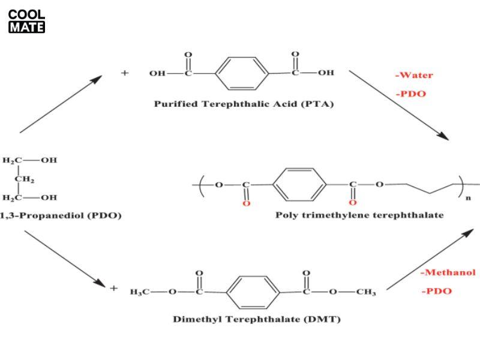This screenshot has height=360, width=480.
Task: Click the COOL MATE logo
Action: [x=26, y=21]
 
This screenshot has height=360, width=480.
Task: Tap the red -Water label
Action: [x=413, y=76]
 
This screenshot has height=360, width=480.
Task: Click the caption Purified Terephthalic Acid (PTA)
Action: [x=244, y=103]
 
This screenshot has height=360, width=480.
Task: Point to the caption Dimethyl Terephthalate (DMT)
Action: [x=256, y=319]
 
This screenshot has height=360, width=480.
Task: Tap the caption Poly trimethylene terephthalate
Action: [x=359, y=215]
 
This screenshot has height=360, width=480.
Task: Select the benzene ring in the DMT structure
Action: [x=254, y=292]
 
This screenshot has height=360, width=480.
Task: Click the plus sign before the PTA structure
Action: [x=125, y=73]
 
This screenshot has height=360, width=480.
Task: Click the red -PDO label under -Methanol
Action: [x=436, y=292]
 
